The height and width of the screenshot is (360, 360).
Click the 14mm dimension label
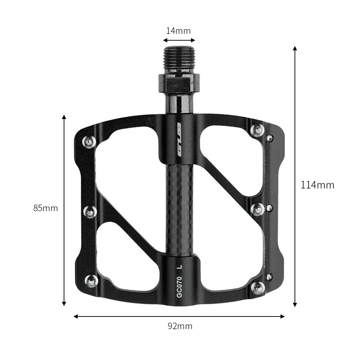pos(178,31)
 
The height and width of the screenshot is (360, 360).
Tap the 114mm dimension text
pos(317,185)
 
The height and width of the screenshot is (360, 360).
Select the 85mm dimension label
pos(46,208)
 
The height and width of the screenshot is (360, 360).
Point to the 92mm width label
pos(180,326)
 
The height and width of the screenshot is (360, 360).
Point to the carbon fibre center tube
pos(179,209)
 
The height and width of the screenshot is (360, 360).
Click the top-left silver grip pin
pos(89,141)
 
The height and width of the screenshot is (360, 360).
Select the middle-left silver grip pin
pos(90,211)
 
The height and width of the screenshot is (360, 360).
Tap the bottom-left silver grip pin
pos(91,281)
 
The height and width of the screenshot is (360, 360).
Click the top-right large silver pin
pos(258,130)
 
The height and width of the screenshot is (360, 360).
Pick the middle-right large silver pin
pos(258,209)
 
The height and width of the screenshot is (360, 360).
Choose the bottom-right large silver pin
pos(258,287)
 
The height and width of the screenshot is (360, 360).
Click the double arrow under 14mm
pos(179,40)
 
